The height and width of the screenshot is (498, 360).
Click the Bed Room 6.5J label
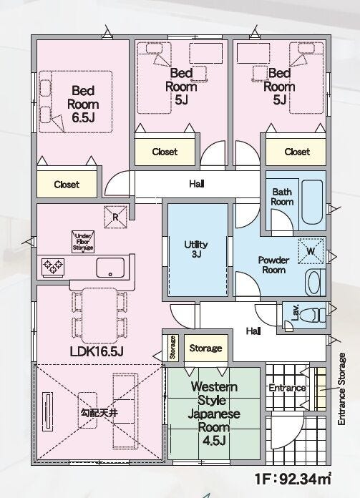click(83, 104)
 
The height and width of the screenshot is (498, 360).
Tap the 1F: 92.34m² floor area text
click(293, 479)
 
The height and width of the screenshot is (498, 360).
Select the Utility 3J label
click(196, 249)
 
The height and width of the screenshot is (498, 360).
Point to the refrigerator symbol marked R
click(116, 218)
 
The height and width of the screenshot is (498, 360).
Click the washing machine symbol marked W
click(311, 251)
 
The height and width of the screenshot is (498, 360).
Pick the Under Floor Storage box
click(83, 242)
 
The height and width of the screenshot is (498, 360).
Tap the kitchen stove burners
click(53, 267)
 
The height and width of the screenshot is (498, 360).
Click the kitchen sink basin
click(110, 268)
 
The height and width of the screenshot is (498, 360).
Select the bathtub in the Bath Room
click(312, 202)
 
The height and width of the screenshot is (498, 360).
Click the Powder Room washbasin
click(315, 283)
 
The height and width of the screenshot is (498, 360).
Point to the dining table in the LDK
click(99, 316)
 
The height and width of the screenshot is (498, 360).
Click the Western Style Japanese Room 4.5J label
click(213, 413)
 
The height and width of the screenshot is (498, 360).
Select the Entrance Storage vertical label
click(341, 389)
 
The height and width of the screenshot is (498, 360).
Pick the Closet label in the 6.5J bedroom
click(67, 185)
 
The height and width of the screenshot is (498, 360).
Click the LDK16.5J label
click(97, 351)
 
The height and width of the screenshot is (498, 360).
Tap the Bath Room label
click(282, 197)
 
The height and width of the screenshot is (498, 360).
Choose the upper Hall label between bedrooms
click(197, 184)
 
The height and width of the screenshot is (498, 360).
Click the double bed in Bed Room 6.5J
click(76, 102)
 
